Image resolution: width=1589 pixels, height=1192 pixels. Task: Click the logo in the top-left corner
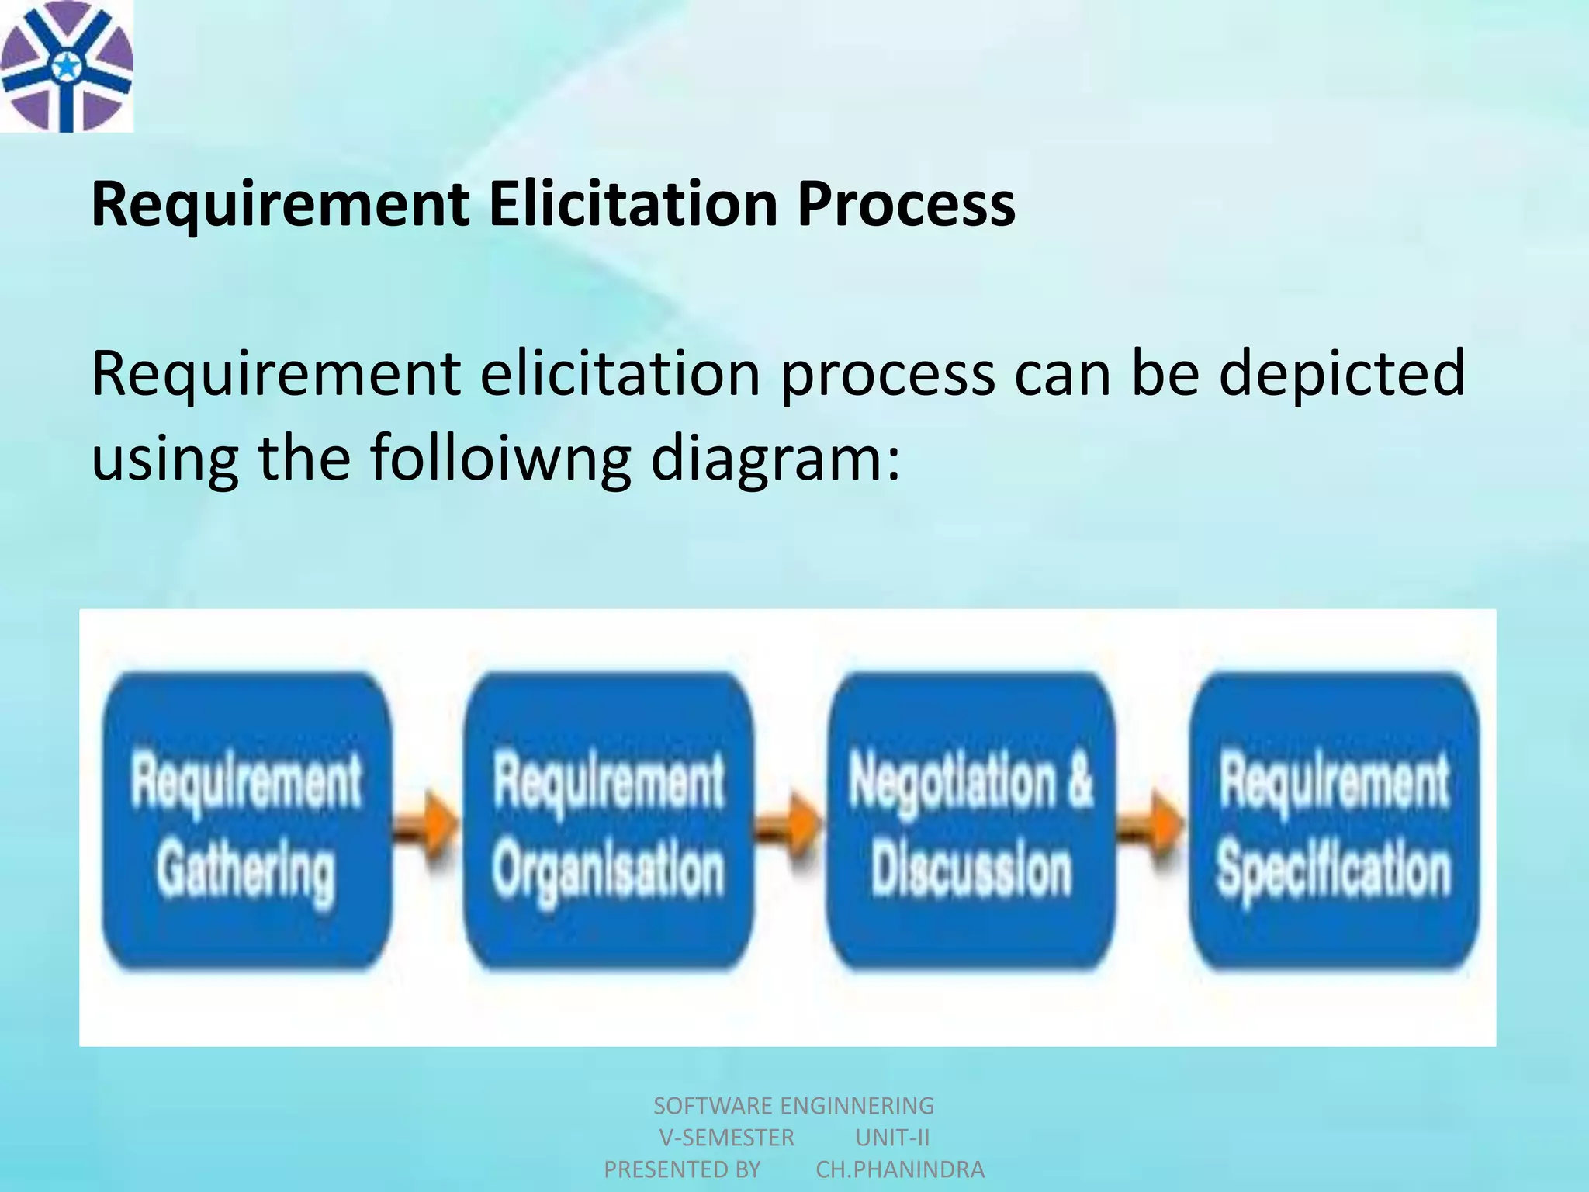(x=67, y=66)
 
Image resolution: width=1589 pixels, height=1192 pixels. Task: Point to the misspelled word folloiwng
(x=500, y=457)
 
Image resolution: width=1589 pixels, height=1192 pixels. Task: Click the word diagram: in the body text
(x=775, y=457)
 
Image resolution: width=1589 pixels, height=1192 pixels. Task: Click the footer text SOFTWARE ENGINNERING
(x=794, y=1105)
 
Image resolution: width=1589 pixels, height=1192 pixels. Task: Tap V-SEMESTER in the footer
(x=726, y=1138)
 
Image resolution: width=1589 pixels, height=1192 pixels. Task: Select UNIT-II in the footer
(x=892, y=1138)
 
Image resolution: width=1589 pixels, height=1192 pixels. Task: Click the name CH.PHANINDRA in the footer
(x=900, y=1169)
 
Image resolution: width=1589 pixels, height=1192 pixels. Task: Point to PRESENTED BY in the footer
(x=682, y=1169)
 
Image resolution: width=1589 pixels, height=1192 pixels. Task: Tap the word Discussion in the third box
(x=971, y=869)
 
